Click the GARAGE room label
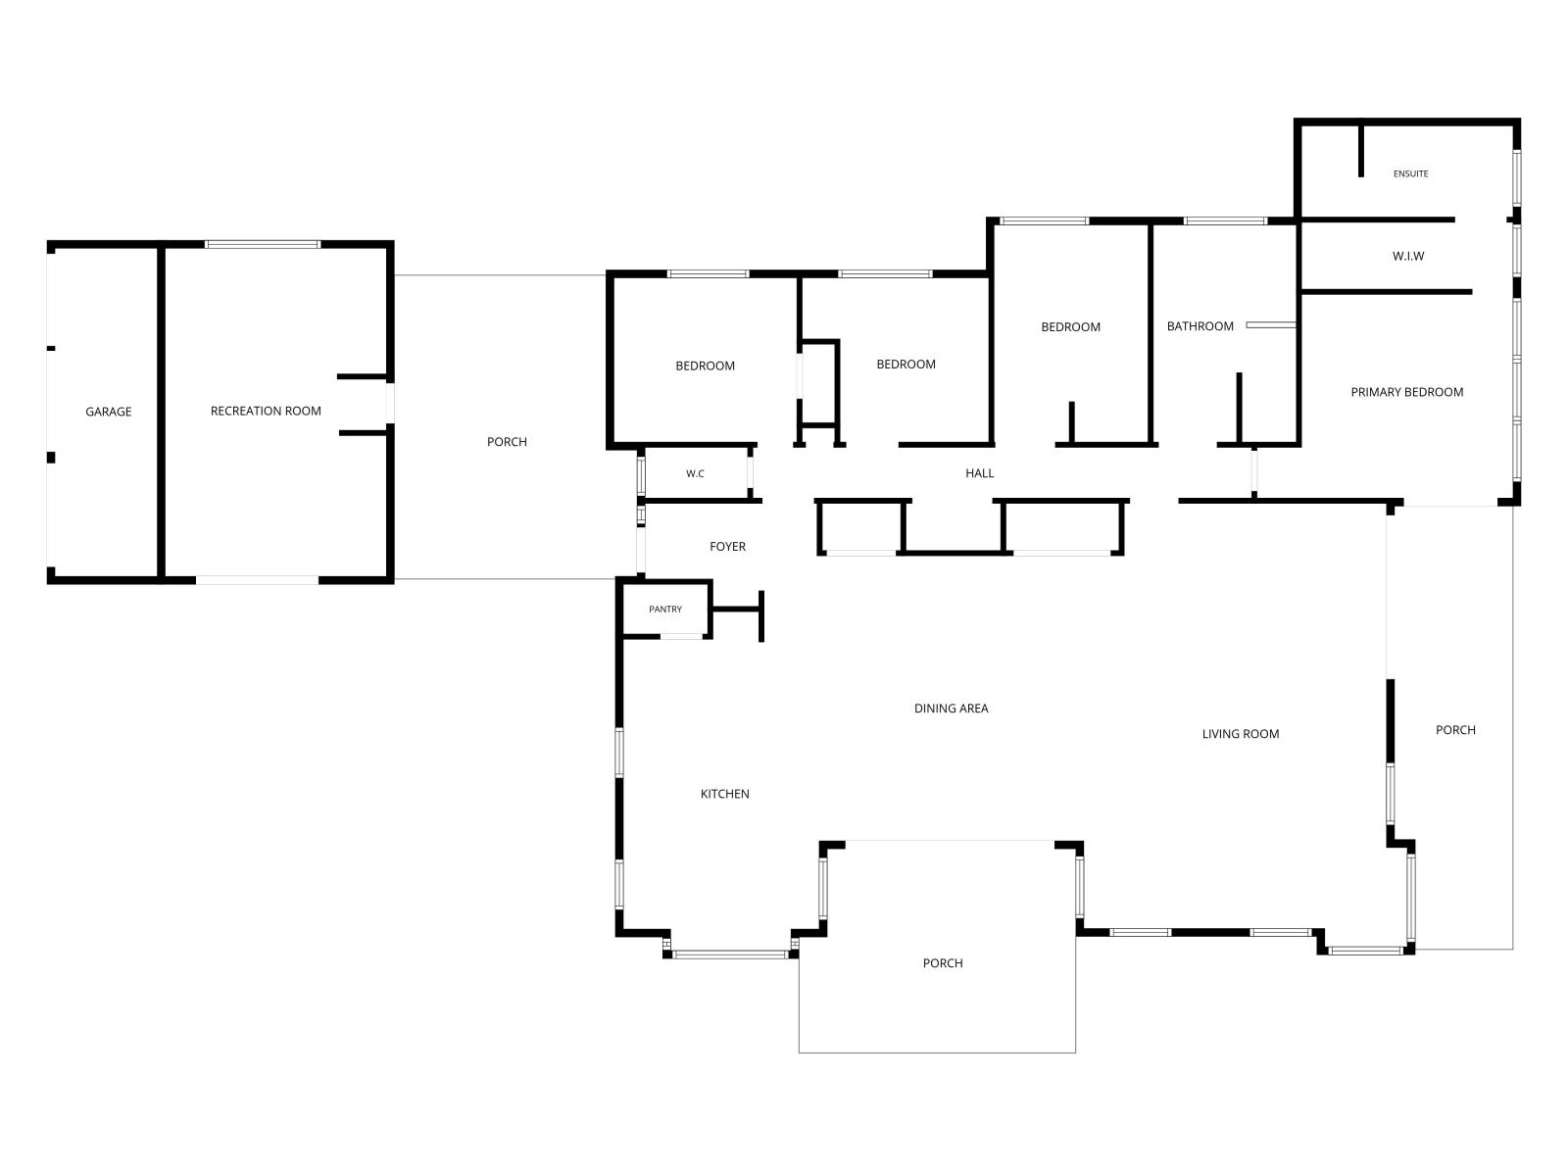pos(109,412)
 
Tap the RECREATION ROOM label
pos(266,411)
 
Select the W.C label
pos(695,473)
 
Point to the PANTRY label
pos(665,609)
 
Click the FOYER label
pos(727,546)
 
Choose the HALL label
pos(979,472)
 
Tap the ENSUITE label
pos(1411,173)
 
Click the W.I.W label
pos(1408,256)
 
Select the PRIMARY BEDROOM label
pos(1407,392)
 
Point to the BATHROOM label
pos(1200,326)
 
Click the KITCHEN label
pos(725,794)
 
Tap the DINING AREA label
pos(952,709)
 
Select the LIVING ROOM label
pos(1241,734)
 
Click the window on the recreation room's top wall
pos(263,244)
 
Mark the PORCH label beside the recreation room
pos(508,442)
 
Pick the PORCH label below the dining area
pos(943,963)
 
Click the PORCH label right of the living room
pos(1456,730)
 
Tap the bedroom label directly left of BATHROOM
pos(1071,327)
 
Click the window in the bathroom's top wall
pos(1225,220)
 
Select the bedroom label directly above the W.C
pos(705,366)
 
